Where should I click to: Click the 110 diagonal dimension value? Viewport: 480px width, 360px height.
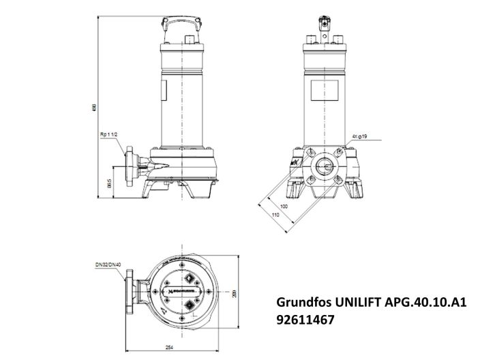pyautogui.click(x=275, y=215)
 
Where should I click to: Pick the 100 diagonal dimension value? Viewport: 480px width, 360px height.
pyautogui.click(x=284, y=205)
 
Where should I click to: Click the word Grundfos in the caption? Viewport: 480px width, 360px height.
pyautogui.click(x=301, y=301)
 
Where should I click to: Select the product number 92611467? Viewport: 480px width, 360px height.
pyautogui.click(x=305, y=318)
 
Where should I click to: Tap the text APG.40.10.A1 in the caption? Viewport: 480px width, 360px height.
pyautogui.click(x=427, y=301)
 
